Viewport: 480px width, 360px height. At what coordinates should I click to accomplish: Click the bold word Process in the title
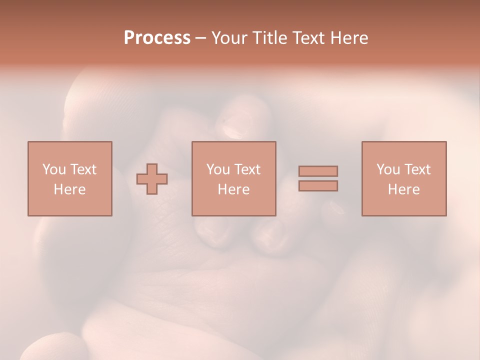[157, 38]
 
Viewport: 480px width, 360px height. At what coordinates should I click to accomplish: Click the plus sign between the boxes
[152, 179]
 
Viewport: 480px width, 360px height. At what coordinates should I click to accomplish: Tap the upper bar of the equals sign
[318, 171]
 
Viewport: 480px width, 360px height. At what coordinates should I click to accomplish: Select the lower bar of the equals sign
[318, 185]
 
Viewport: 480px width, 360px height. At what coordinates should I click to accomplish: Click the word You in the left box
[54, 169]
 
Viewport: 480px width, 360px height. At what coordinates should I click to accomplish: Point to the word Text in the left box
[82, 169]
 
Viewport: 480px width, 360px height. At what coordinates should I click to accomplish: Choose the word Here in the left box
[69, 189]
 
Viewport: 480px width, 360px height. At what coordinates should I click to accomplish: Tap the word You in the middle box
[218, 169]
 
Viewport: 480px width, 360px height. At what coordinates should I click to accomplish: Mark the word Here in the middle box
[233, 189]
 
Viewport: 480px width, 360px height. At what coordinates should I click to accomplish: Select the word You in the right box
[388, 169]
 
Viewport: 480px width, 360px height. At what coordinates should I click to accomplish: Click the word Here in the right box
[403, 189]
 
